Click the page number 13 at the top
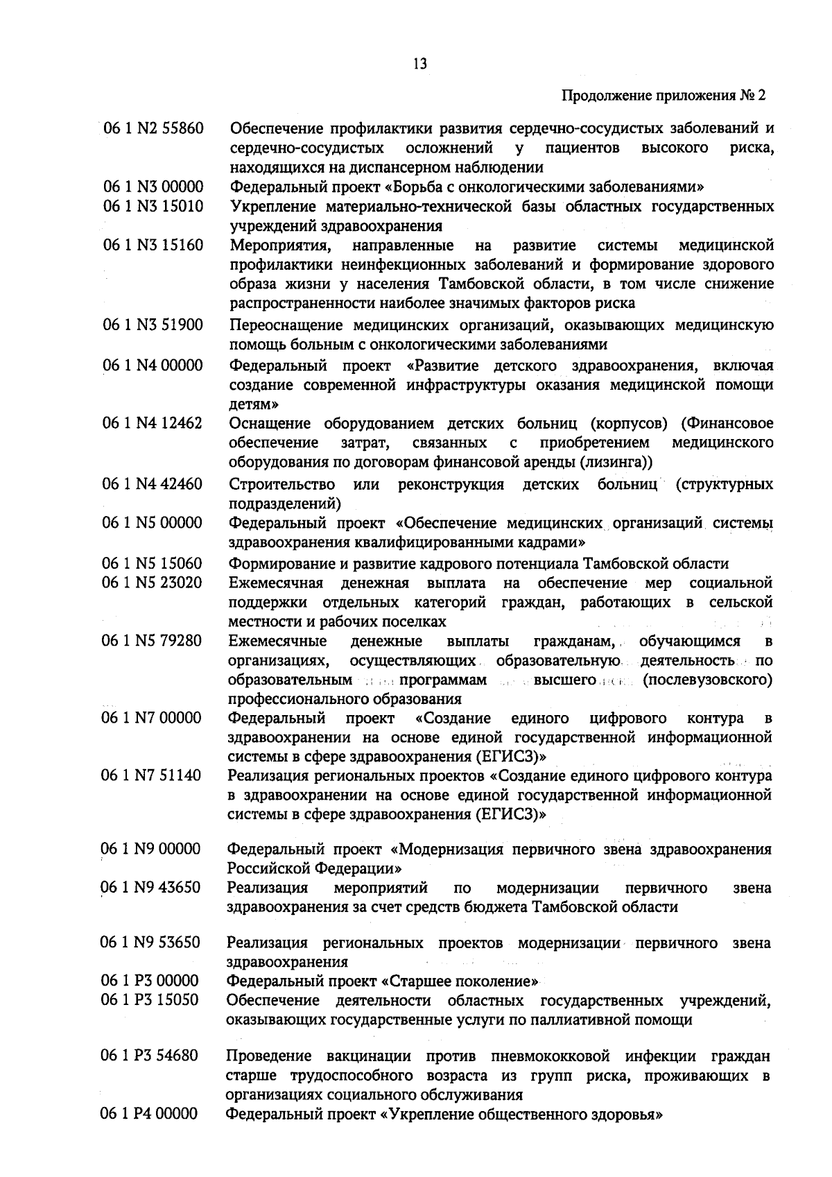coord(419,65)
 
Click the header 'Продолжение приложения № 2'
coord(664,96)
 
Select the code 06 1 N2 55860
coord(153,128)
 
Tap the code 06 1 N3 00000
coord(153,187)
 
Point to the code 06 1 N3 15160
coord(153,246)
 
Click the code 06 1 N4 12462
coord(153,423)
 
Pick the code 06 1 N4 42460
coord(153,483)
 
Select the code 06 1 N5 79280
coord(153,640)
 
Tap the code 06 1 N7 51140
coord(152,775)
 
